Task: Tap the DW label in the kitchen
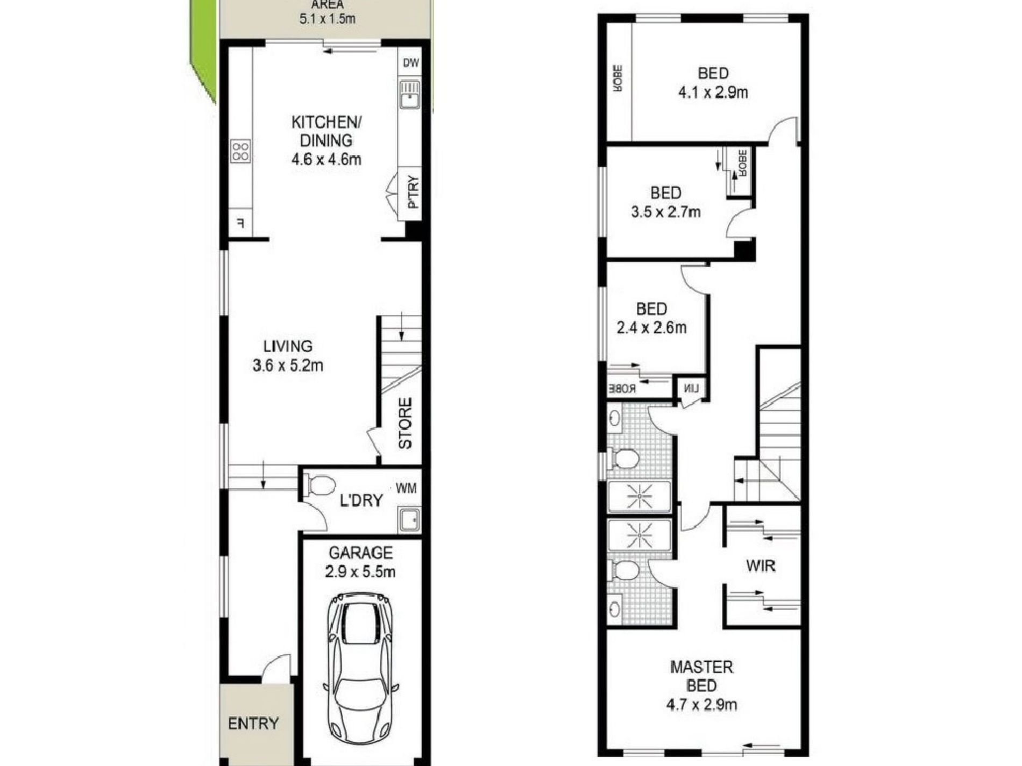point(410,63)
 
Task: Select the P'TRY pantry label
point(413,192)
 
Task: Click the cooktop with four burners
point(240,151)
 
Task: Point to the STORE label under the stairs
point(405,423)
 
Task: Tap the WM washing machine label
point(406,489)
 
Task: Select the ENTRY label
point(253,724)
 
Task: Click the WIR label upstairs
point(761,565)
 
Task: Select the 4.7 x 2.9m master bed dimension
point(701,704)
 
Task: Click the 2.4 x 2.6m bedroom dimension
point(651,327)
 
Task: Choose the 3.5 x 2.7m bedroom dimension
point(666,212)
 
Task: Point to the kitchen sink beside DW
point(410,95)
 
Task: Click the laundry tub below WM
point(409,520)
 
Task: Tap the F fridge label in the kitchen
point(240,223)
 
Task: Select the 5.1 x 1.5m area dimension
point(327,19)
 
